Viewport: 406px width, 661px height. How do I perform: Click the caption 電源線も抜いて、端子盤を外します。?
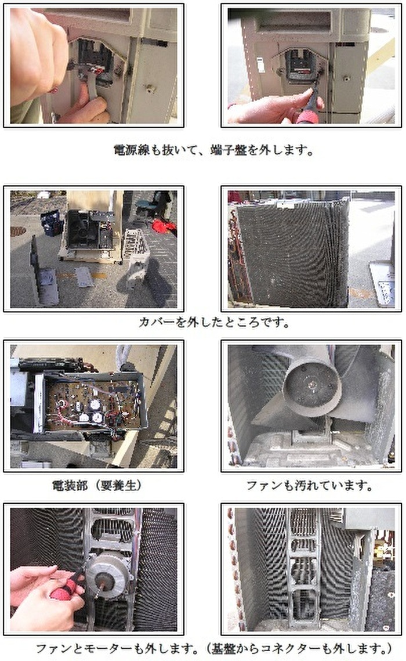click(213, 149)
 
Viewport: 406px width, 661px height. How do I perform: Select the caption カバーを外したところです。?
click(215, 322)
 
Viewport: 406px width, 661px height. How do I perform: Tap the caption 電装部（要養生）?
click(97, 485)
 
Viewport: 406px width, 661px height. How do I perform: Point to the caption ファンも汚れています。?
click(310, 485)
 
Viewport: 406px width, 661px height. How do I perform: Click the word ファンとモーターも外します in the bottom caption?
click(116, 648)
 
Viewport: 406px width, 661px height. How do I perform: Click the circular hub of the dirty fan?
click(312, 386)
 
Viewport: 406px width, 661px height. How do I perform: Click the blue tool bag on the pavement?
click(52, 222)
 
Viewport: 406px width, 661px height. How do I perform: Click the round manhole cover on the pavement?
click(17, 231)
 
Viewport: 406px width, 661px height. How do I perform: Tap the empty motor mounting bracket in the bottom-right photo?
click(303, 567)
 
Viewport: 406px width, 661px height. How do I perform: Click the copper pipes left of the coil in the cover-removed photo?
click(233, 253)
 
